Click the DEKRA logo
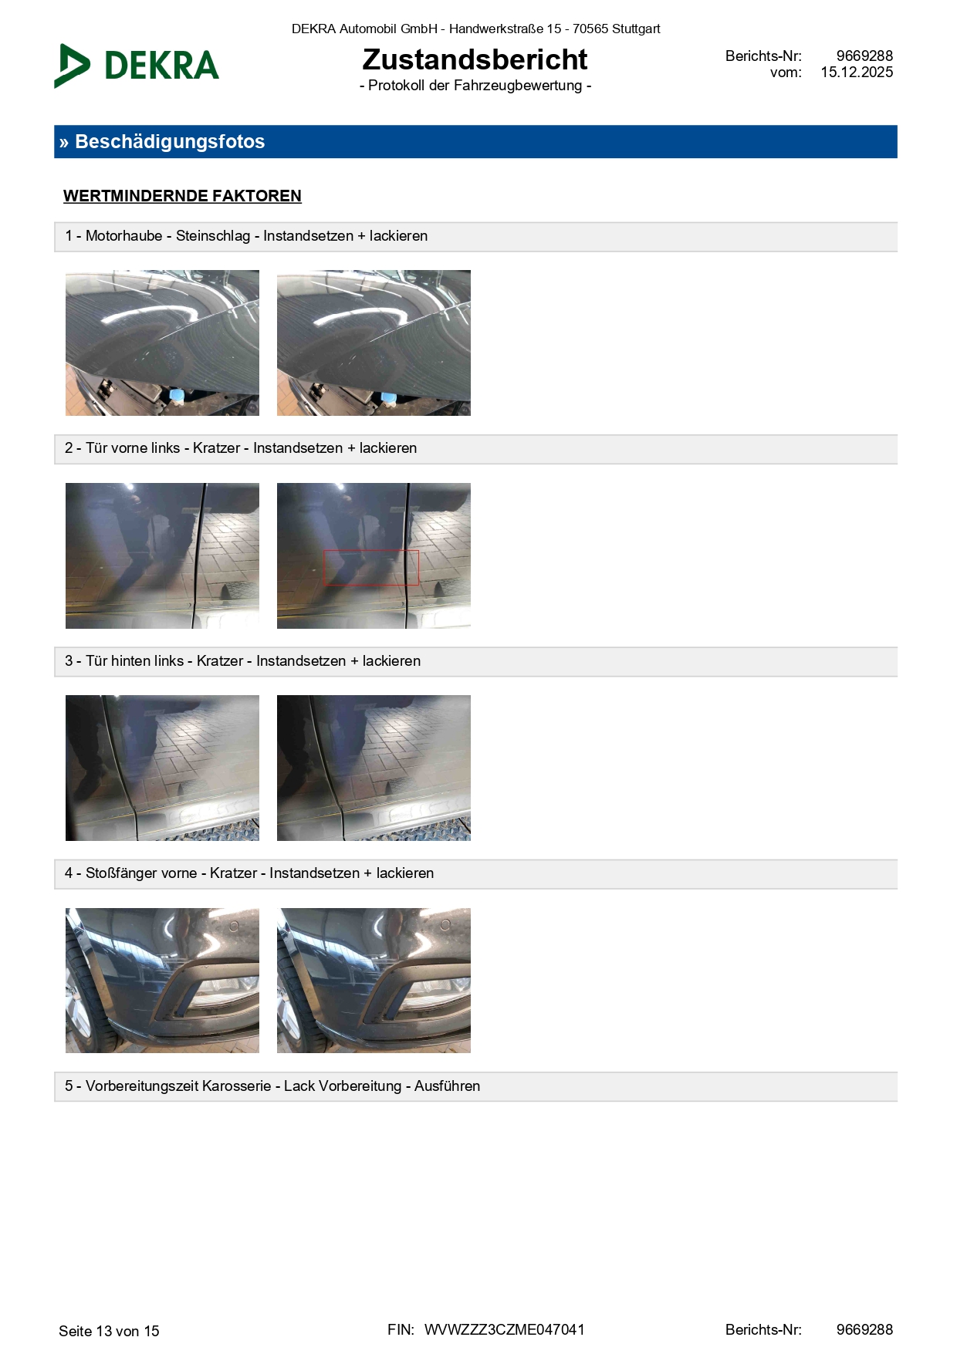(x=137, y=66)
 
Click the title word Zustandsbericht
(x=475, y=59)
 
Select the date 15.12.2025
(x=857, y=73)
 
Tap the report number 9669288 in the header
(x=864, y=56)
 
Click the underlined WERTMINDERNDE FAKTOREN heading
(x=182, y=196)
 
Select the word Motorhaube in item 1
(x=123, y=236)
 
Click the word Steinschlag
(x=213, y=236)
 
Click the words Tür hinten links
(x=134, y=661)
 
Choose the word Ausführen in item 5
(x=447, y=1086)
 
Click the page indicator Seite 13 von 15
(x=109, y=1331)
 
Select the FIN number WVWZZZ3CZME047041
(x=505, y=1329)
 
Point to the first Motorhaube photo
(x=162, y=343)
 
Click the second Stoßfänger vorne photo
(x=374, y=981)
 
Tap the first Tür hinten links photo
(x=162, y=768)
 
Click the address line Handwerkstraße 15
(x=506, y=29)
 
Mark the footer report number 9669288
(x=864, y=1329)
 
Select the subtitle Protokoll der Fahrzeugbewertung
(x=475, y=86)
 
